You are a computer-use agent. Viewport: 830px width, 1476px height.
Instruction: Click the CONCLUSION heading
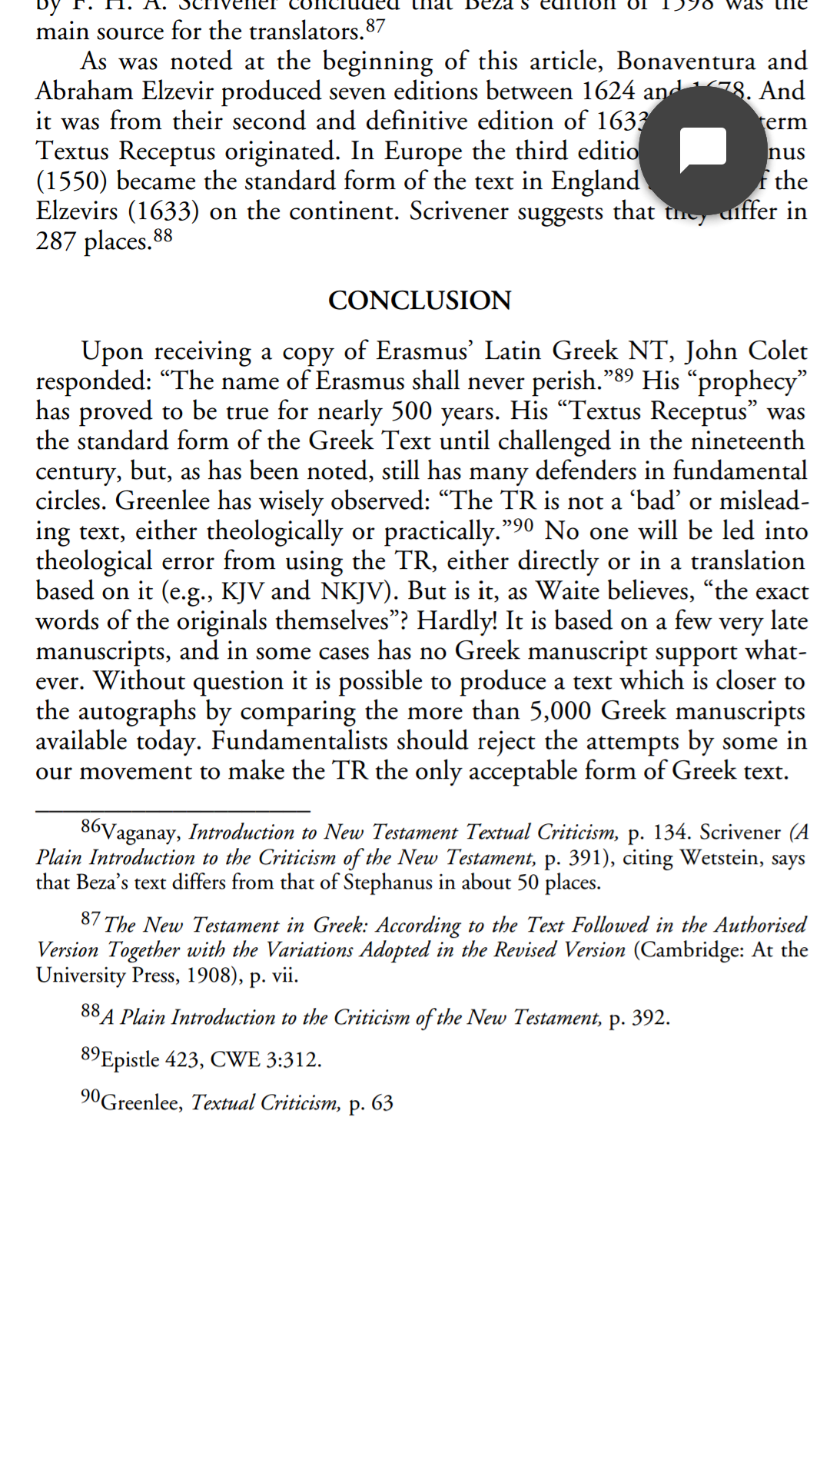(420, 301)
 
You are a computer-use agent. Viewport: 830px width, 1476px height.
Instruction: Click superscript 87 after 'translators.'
(375, 26)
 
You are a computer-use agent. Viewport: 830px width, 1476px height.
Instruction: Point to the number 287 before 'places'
(56, 241)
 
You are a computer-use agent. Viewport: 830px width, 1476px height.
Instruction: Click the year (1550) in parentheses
(71, 181)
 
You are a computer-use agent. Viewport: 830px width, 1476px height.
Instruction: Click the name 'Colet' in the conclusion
(777, 351)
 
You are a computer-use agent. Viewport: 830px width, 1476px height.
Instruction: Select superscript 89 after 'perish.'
(624, 376)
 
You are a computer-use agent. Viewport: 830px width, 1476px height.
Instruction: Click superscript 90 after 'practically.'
(523, 526)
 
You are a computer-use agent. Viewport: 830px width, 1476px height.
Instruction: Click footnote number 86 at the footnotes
(91, 826)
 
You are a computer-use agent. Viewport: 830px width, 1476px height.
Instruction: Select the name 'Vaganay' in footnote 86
(141, 833)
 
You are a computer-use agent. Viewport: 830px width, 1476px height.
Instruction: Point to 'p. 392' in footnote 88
(639, 1018)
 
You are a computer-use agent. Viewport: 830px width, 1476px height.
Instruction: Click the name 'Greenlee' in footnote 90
(141, 1103)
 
